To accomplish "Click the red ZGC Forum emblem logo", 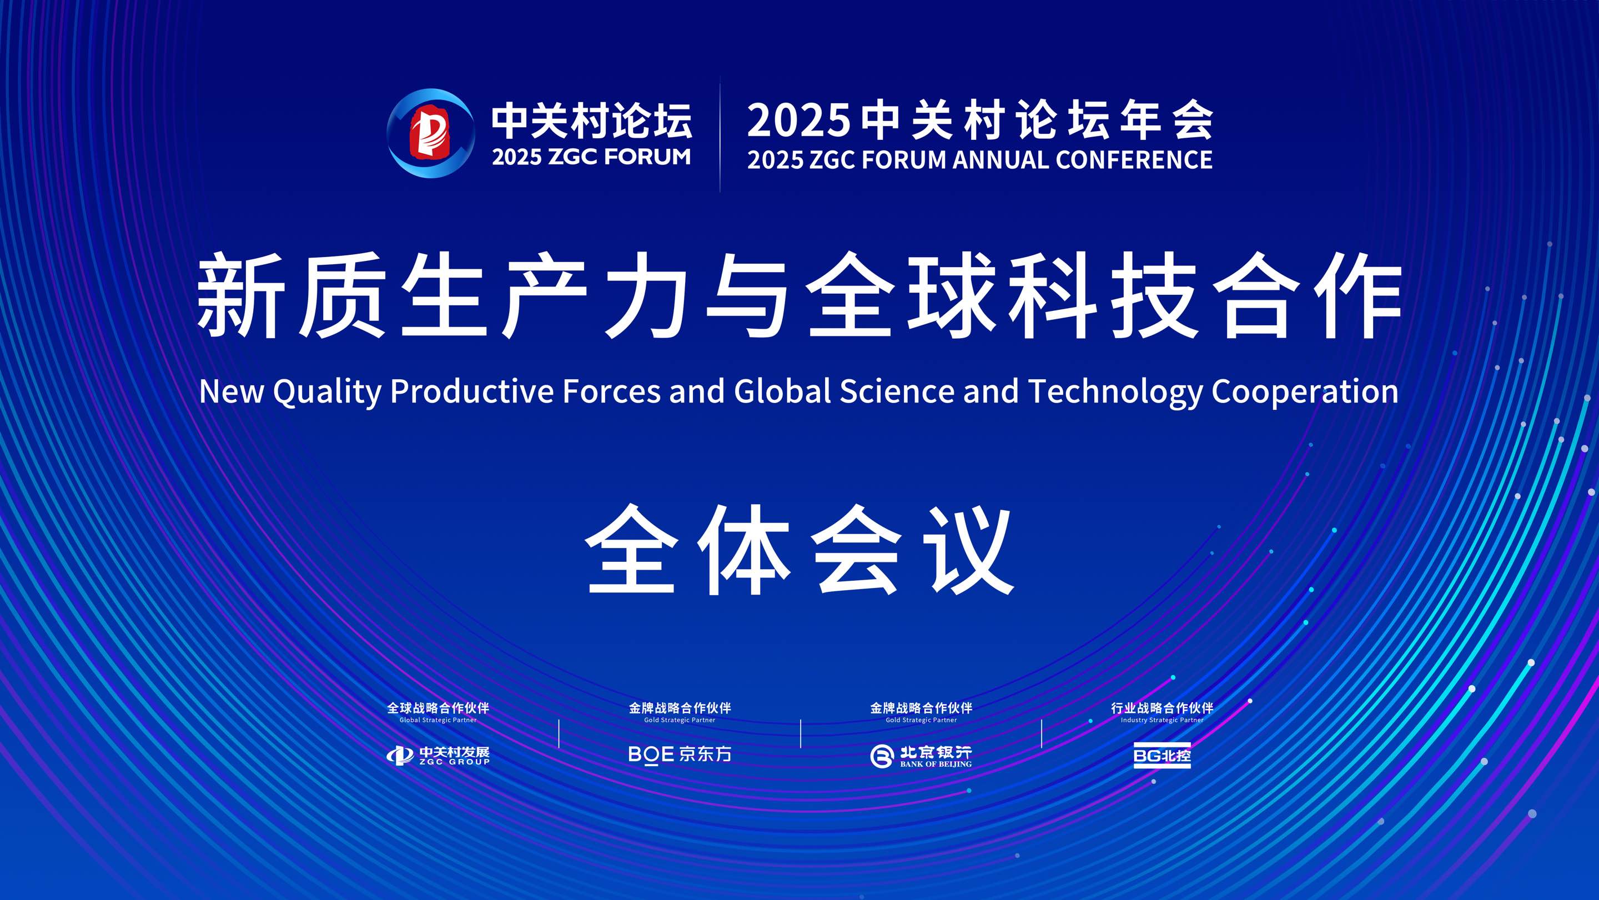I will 430,133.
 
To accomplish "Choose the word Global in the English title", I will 782,391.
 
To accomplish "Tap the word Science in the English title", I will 897,391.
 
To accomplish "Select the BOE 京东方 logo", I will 680,754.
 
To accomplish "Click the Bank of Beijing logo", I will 921,756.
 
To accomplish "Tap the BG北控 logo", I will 1162,756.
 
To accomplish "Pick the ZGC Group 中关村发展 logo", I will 438,756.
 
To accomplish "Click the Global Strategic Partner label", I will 438,720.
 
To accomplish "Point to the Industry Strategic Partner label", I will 1162,720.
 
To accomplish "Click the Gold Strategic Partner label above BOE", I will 680,720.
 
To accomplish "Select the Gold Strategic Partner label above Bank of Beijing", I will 921,720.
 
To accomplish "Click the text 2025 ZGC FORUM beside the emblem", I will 591,157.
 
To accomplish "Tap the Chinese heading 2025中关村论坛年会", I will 979,120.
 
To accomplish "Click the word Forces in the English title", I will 611,391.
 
